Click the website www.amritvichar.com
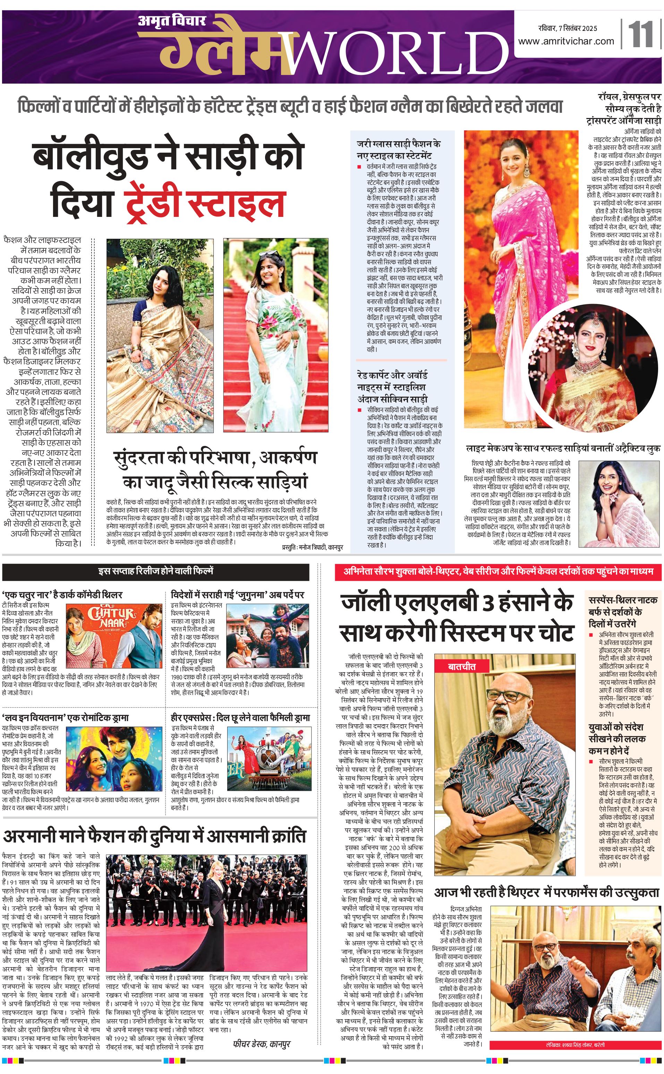pyautogui.click(x=565, y=41)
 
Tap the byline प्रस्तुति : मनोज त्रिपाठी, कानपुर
pyautogui.click(x=312, y=547)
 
